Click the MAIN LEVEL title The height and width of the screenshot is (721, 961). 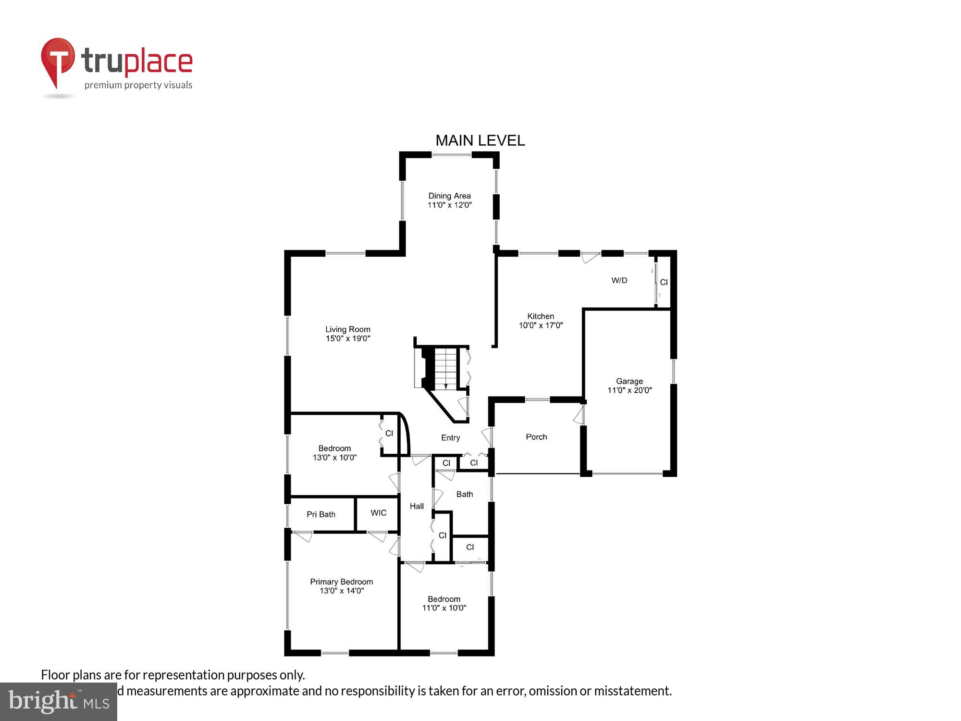tap(480, 140)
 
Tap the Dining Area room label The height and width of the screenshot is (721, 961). tap(449, 196)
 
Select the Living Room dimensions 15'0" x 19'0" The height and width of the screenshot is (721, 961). tap(348, 338)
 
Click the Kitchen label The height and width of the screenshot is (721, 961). tap(541, 316)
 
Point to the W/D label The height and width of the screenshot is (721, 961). tap(619, 280)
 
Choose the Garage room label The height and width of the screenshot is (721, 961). tap(629, 381)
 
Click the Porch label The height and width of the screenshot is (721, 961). tap(536, 437)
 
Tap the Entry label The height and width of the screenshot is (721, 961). tap(451, 437)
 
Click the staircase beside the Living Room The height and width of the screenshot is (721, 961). tap(446, 368)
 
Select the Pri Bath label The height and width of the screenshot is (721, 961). tap(321, 514)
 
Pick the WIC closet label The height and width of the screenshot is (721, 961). tap(379, 513)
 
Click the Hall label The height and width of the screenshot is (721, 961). tap(417, 506)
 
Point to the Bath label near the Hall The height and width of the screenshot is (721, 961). tap(465, 494)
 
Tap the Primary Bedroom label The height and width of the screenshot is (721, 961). tap(341, 582)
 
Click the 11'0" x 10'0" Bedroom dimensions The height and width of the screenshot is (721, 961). tap(444, 608)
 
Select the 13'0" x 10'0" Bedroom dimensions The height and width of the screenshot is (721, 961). tap(335, 458)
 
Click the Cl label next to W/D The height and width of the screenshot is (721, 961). tap(664, 282)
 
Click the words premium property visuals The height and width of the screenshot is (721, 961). tap(138, 86)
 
